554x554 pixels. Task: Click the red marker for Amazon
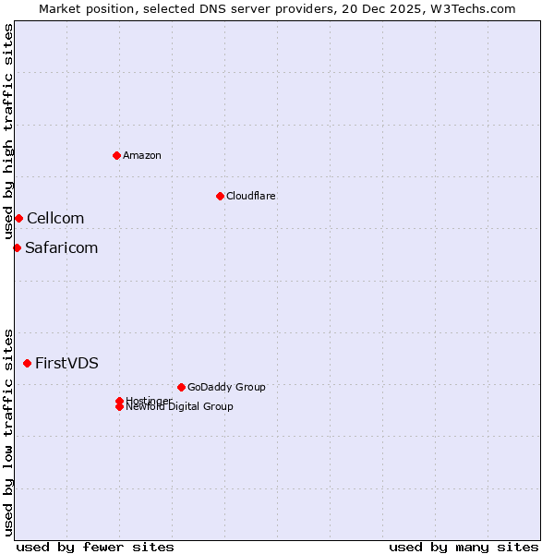pyautogui.click(x=116, y=155)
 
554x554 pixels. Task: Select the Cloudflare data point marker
pyautogui.click(x=220, y=196)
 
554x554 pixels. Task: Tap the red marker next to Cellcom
pyautogui.click(x=18, y=218)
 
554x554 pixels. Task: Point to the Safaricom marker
pyautogui.click(x=17, y=247)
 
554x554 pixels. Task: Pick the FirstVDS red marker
pyautogui.click(x=27, y=363)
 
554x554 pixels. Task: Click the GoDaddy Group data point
pyautogui.click(x=181, y=387)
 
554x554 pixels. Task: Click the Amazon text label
pyautogui.click(x=142, y=155)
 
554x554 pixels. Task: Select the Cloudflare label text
pyautogui.click(x=251, y=196)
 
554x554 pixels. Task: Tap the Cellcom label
pyautogui.click(x=55, y=218)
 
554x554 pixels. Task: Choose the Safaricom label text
pyautogui.click(x=61, y=247)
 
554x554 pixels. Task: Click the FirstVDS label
pyautogui.click(x=66, y=363)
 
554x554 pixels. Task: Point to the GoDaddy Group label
pyautogui.click(x=226, y=387)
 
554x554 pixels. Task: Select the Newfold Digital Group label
pyautogui.click(x=180, y=407)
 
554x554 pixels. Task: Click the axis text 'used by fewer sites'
pyautogui.click(x=95, y=547)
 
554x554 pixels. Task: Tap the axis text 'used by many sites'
pyautogui.click(x=464, y=547)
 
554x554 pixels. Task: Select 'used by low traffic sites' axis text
pyautogui.click(x=8, y=431)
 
